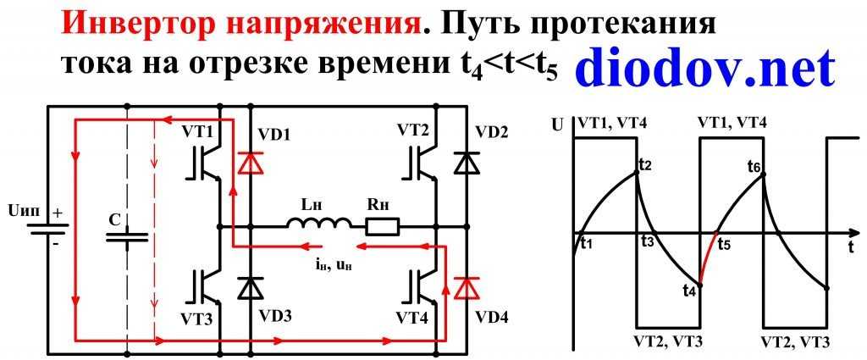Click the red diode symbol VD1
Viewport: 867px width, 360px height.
tap(250, 162)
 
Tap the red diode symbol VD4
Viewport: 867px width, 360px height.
tap(463, 288)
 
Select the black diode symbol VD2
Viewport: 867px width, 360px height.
tap(463, 162)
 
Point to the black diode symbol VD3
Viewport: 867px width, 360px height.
tap(250, 288)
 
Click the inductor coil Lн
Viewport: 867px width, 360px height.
tap(319, 224)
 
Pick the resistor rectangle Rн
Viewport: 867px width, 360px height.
tap(382, 226)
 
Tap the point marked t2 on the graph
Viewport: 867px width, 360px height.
tap(637, 173)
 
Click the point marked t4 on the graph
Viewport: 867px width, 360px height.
tap(700, 285)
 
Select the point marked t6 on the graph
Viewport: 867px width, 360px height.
tap(764, 174)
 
